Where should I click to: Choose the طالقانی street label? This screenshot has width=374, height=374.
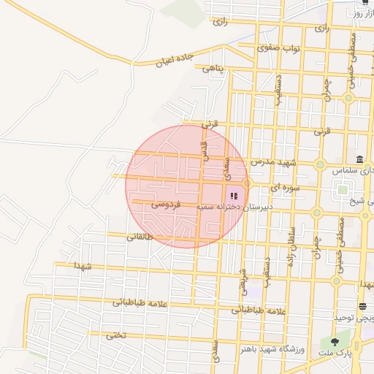tap(140, 237)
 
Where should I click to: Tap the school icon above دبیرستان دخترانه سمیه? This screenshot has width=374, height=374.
tap(234, 196)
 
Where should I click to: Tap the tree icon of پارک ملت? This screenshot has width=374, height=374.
tap(335, 340)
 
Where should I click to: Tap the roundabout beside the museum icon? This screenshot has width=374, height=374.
tap(320, 165)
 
